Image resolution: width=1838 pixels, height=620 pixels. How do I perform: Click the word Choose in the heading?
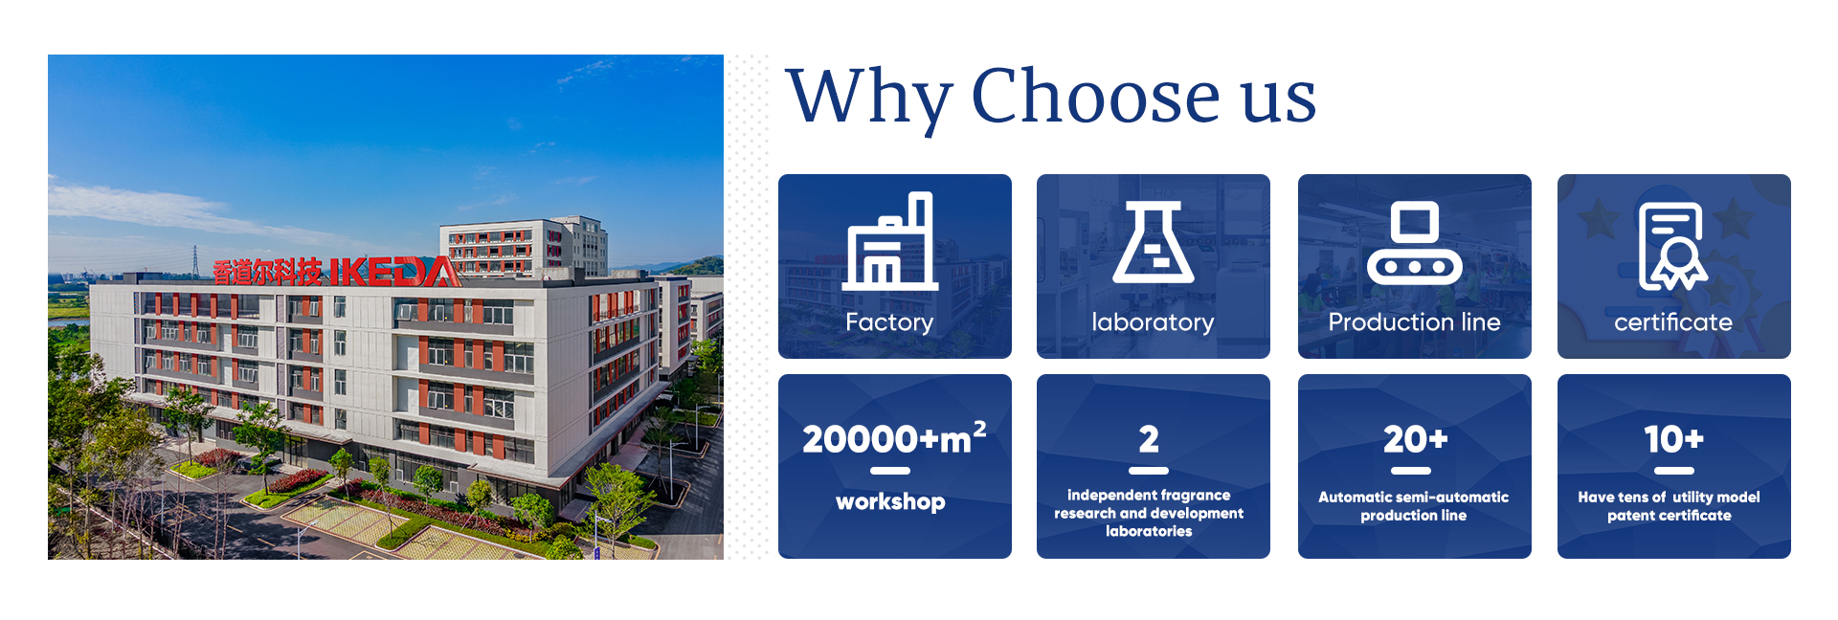click(1096, 96)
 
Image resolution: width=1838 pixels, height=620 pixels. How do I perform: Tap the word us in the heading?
click(1279, 103)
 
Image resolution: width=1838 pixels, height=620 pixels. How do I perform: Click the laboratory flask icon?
click(1153, 242)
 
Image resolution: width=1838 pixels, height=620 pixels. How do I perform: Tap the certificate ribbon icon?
click(1673, 246)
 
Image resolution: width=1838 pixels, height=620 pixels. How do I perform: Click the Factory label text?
click(889, 322)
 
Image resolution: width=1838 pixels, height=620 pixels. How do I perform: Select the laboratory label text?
click(1153, 322)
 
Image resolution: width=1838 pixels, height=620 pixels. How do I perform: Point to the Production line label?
click(1414, 322)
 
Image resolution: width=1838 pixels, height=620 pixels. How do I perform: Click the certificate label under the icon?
click(1673, 322)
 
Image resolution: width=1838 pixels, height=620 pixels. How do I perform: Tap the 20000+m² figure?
click(894, 438)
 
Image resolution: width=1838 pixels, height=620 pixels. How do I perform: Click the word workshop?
click(890, 502)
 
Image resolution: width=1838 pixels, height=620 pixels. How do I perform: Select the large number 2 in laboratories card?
click(1149, 439)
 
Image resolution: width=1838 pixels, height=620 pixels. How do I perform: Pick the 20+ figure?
click(1415, 439)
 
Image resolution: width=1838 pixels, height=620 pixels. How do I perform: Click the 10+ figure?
click(1674, 439)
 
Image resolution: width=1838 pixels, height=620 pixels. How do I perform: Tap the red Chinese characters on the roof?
click(267, 273)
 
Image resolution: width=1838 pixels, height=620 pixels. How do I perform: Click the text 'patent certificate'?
click(1670, 516)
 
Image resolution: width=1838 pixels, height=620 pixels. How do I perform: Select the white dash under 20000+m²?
click(890, 471)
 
